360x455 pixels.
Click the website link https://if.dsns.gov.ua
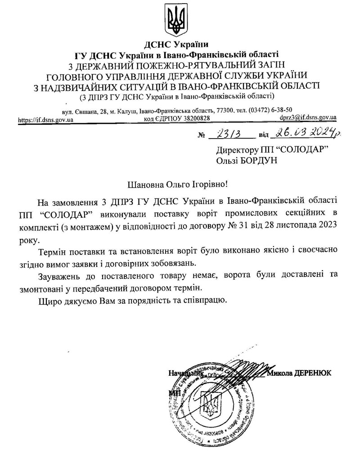coord(45,119)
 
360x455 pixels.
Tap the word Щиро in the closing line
coord(49,299)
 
